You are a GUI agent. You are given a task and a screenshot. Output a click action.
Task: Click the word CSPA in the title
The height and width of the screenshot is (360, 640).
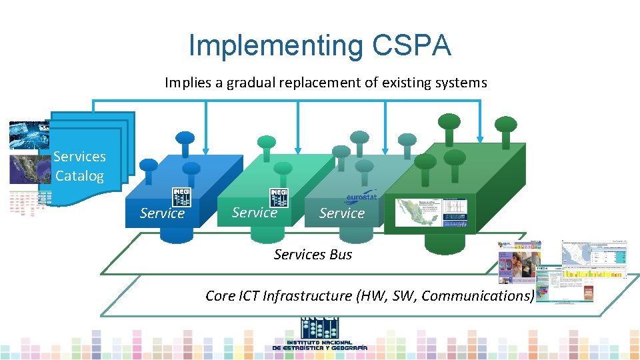click(412, 45)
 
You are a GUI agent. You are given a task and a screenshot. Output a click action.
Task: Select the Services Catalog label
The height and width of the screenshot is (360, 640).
click(79, 166)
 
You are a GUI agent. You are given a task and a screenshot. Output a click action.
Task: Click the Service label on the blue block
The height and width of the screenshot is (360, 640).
click(162, 213)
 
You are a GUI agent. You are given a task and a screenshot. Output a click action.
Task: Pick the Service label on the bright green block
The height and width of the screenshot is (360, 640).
click(254, 213)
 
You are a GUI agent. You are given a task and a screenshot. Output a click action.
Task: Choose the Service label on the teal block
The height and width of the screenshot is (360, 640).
click(341, 213)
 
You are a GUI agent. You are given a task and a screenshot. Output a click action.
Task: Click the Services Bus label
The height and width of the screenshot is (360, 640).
click(313, 255)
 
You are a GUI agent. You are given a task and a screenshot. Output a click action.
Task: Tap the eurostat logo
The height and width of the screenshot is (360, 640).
click(361, 197)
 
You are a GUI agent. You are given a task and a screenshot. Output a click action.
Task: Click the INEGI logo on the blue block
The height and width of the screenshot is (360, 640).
click(182, 197)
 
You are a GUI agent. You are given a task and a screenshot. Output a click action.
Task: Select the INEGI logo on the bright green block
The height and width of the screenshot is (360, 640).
click(279, 197)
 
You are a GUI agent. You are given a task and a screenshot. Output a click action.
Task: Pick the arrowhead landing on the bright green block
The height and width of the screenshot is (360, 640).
click(297, 151)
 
